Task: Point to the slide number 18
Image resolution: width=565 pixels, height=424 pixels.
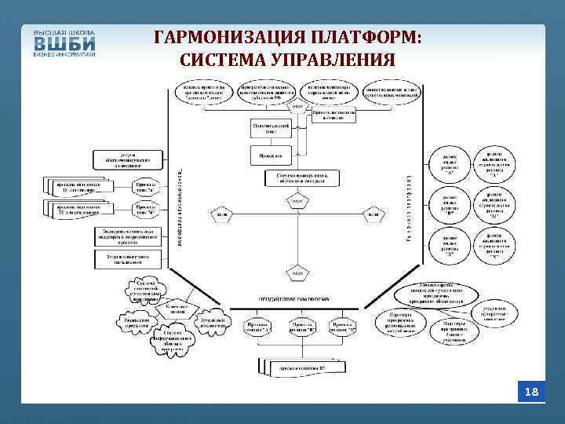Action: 532,391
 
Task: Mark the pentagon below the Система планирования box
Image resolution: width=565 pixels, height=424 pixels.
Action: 298,203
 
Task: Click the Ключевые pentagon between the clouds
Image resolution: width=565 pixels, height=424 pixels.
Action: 176,310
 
